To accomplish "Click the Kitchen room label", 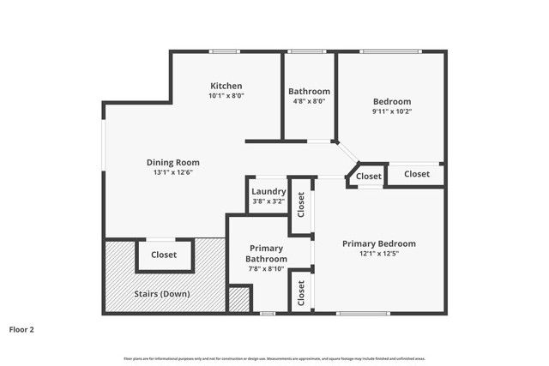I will pyautogui.click(x=226, y=86).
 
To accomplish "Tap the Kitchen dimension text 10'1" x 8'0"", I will pyautogui.click(x=226, y=96).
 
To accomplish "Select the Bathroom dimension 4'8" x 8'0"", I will pyautogui.click(x=309, y=101).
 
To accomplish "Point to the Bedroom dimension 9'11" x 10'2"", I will pyautogui.click(x=391, y=111).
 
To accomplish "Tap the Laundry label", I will pyautogui.click(x=269, y=191).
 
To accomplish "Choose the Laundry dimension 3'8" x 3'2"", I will pyautogui.click(x=269, y=201).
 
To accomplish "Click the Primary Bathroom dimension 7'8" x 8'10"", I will pyautogui.click(x=265, y=268).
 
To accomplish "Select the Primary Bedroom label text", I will pyautogui.click(x=379, y=243).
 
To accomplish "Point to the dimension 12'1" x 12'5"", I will pyautogui.click(x=379, y=254).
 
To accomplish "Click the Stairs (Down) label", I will pyautogui.click(x=161, y=294).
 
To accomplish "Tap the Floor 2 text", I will pyautogui.click(x=21, y=328).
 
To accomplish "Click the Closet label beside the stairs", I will pyautogui.click(x=164, y=255).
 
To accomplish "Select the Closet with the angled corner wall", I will pyautogui.click(x=369, y=176).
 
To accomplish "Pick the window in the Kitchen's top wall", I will pyautogui.click(x=225, y=52).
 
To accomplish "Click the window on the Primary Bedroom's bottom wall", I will pyautogui.click(x=356, y=313).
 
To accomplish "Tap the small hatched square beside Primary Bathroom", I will pyautogui.click(x=239, y=299).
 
